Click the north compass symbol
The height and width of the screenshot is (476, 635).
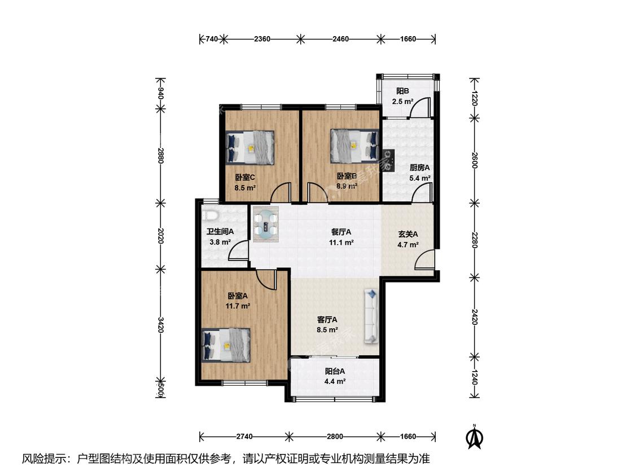coord(475,437)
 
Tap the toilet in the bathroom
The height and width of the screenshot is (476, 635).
coord(211,215)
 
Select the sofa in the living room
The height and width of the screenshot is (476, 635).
coord(371,316)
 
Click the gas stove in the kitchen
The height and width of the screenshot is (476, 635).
coord(389,160)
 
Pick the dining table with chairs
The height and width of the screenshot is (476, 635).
coord(266,224)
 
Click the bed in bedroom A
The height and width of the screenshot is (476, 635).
coord(226,345)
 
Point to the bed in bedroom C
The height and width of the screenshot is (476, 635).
coord(250,148)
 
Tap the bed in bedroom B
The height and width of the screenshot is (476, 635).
coord(355,146)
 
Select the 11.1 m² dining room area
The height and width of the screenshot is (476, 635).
coord(341,243)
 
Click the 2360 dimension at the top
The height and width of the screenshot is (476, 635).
coord(262,39)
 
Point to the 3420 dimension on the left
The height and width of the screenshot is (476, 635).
coord(160,325)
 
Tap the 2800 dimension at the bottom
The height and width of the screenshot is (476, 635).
coord(335,437)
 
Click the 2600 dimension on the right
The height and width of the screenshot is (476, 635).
coord(475,160)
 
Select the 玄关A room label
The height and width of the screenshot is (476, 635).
coord(408,234)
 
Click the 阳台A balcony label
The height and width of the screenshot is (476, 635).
coord(335,371)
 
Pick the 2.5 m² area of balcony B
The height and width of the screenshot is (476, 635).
coord(402,102)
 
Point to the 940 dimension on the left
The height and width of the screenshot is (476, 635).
coord(160,94)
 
